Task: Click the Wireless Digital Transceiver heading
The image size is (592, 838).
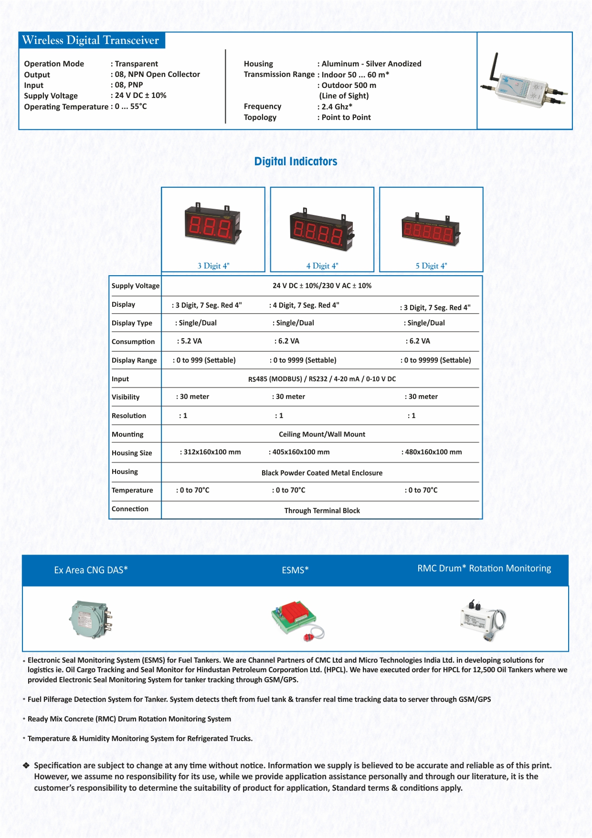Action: tap(91, 40)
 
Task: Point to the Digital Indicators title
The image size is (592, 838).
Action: tap(296, 161)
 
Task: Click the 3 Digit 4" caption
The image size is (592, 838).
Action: tap(213, 266)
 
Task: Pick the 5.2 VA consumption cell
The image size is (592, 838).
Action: tap(191, 341)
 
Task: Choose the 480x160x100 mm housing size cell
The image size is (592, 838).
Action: tap(433, 452)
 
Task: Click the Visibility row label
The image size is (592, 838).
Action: tap(126, 397)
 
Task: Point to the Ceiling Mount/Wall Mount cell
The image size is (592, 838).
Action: tap(322, 434)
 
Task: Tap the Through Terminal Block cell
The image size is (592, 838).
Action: tap(322, 511)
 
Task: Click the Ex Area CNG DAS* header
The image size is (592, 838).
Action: tap(91, 570)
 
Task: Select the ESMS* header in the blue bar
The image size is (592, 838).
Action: tap(295, 570)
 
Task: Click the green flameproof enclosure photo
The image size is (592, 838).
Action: tap(90, 619)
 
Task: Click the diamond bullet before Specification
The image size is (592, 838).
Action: tap(26, 765)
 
